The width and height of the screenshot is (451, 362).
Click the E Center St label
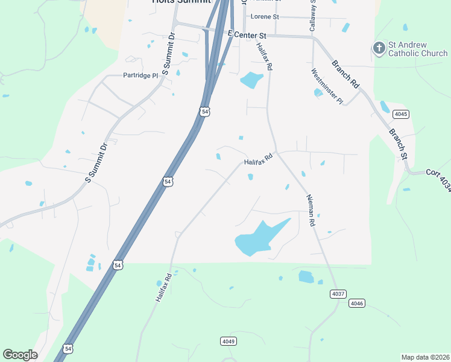point(247,36)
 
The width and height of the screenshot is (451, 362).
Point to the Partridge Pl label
point(140,75)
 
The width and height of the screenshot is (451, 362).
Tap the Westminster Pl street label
point(327,86)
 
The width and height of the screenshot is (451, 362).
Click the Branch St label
point(398,144)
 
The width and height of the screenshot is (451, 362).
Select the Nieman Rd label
point(311,210)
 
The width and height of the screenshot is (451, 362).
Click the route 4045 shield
point(400,114)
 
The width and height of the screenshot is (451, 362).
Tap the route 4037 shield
point(338,294)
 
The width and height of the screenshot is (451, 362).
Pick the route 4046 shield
point(357,303)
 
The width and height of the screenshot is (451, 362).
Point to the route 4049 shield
point(227,341)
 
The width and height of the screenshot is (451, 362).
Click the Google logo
point(20,355)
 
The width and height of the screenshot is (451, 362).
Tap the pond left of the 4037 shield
point(306,277)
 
